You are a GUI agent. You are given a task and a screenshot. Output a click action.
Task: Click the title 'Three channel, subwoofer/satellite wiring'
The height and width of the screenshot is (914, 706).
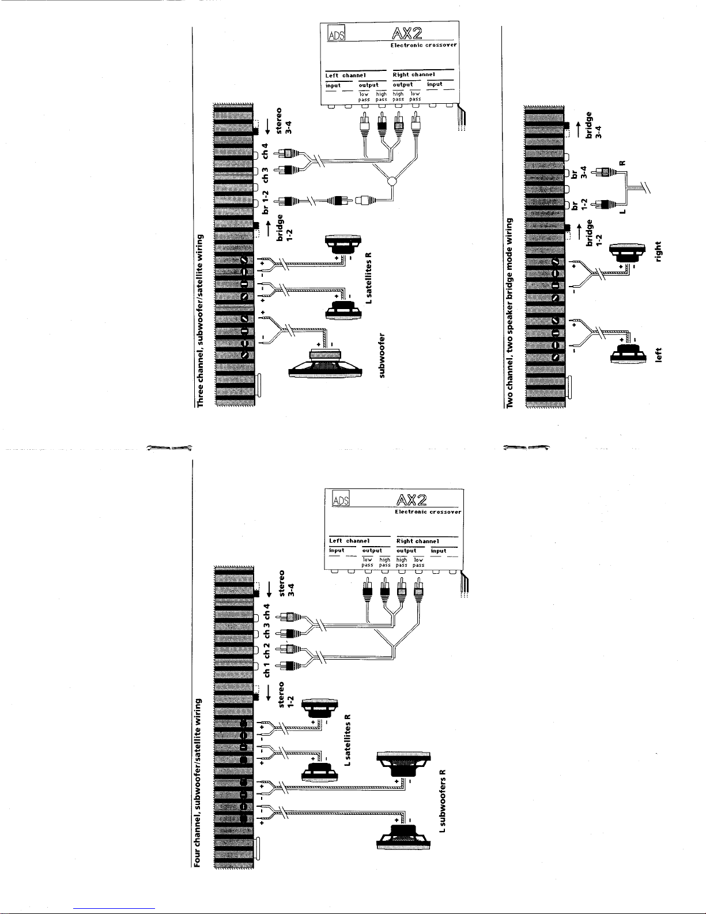pyautogui.click(x=201, y=321)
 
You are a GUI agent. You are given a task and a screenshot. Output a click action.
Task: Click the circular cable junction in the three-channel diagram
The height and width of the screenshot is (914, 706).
pyautogui.click(x=392, y=182)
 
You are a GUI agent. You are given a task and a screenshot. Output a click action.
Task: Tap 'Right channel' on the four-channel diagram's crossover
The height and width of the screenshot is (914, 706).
pyautogui.click(x=418, y=541)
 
